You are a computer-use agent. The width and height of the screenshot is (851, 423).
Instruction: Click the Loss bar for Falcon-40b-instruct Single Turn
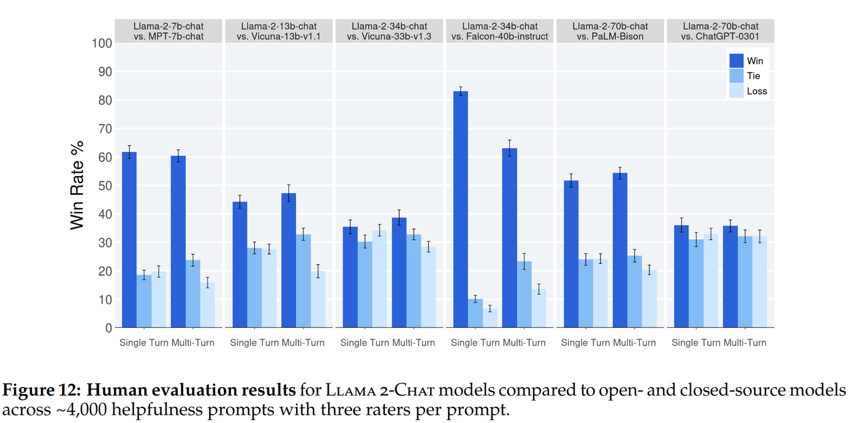pyautogui.click(x=490, y=318)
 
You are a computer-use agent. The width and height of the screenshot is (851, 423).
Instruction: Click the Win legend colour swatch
pyautogui.click(x=736, y=61)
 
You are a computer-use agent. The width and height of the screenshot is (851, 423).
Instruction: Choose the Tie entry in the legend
pyautogui.click(x=753, y=76)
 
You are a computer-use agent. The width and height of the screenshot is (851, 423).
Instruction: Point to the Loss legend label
pyautogui.click(x=757, y=91)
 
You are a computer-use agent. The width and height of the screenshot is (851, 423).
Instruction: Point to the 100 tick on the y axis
pyautogui.click(x=102, y=43)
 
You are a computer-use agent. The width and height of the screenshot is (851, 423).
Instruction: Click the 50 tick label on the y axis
pyautogui.click(x=104, y=186)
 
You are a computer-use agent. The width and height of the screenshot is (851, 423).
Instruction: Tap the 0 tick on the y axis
pyautogui.click(x=108, y=328)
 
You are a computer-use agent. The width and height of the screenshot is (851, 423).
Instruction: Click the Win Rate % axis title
pyautogui.click(x=77, y=185)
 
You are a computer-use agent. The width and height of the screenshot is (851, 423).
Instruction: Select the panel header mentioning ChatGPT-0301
pyautogui.click(x=720, y=31)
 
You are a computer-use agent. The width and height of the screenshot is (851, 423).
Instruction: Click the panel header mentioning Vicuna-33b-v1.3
pyautogui.click(x=389, y=31)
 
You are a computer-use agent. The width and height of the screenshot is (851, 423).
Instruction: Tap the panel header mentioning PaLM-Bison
pyautogui.click(x=610, y=31)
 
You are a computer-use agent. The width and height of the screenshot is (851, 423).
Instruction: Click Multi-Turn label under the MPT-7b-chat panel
pyautogui.click(x=193, y=343)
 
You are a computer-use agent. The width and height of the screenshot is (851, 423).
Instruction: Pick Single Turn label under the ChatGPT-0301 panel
pyautogui.click(x=696, y=343)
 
